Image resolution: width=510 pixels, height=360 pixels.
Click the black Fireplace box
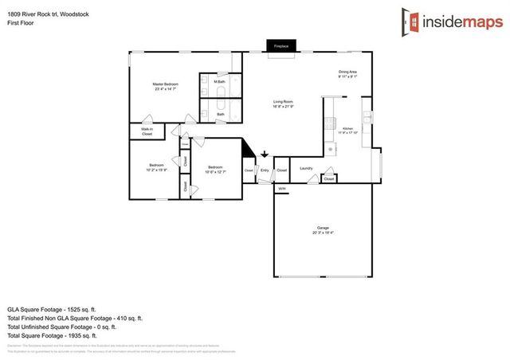tap(280, 47)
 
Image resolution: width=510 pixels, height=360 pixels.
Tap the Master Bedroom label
tap(166, 86)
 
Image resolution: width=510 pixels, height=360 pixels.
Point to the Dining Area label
tap(347, 75)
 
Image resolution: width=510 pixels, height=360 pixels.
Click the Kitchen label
tap(347, 131)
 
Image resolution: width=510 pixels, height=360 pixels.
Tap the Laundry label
tap(305, 168)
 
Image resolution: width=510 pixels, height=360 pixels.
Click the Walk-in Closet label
tap(147, 131)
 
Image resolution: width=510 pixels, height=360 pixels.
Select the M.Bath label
tap(220, 81)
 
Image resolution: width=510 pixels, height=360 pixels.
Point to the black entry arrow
tap(265, 155)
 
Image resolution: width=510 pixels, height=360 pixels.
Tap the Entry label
tap(265, 170)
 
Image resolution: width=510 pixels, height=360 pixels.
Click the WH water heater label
tap(281, 189)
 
